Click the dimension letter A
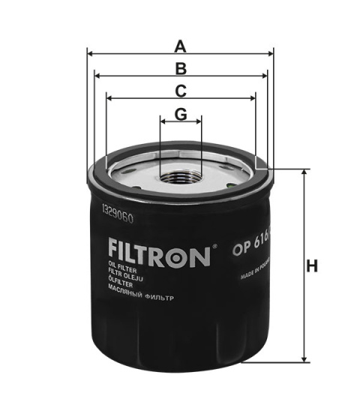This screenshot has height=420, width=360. [180, 46]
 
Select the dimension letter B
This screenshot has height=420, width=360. [180, 69]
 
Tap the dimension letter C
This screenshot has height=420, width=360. [181, 91]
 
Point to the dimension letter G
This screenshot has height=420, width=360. [181, 114]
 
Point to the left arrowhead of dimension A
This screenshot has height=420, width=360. [90, 53]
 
